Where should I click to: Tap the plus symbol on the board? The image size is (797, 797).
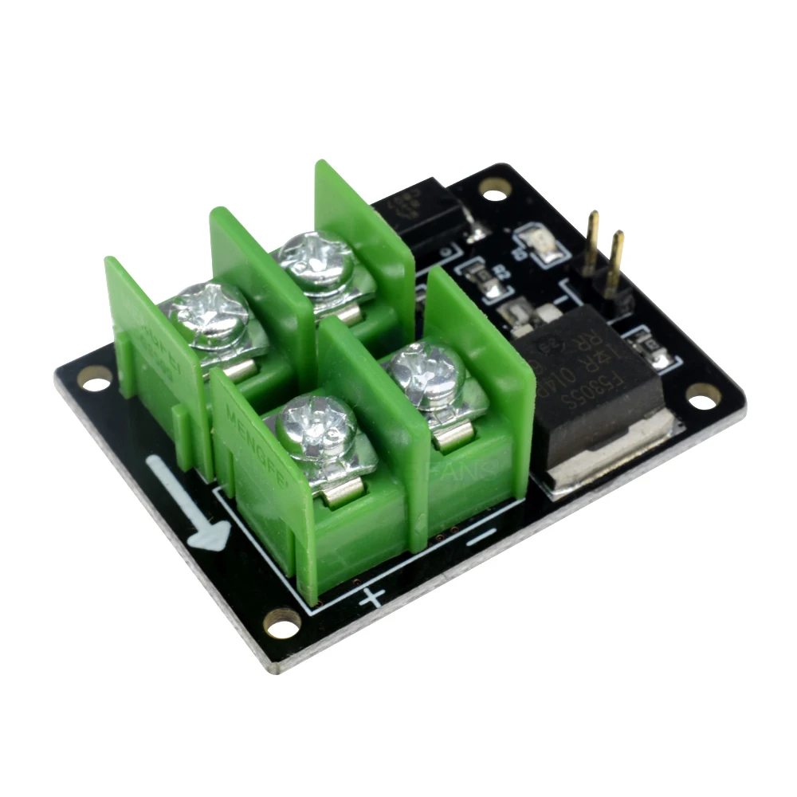(371, 596)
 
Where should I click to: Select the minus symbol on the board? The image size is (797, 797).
(481, 538)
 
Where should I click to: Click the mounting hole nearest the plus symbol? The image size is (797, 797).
(282, 621)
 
